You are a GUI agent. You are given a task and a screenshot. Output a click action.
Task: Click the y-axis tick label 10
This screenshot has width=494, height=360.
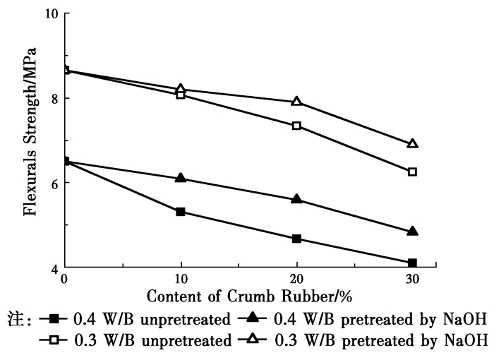[x=51, y=14]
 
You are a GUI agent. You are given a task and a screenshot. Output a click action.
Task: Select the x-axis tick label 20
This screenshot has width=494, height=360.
[x=296, y=278]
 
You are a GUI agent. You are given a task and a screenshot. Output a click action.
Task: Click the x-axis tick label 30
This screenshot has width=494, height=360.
[x=412, y=278]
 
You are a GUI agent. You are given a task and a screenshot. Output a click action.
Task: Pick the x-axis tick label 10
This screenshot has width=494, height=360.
[x=181, y=278]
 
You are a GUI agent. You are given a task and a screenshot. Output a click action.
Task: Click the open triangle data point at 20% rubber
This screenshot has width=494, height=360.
[x=296, y=101]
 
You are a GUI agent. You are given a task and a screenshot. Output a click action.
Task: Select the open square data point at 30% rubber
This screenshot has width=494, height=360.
[x=412, y=172]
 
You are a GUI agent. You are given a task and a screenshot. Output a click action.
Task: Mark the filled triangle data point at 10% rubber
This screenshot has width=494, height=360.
[x=181, y=178]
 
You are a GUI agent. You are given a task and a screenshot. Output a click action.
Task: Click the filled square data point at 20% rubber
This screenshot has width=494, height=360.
[x=296, y=239]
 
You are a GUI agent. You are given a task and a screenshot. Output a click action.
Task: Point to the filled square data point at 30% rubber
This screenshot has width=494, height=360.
[x=412, y=263]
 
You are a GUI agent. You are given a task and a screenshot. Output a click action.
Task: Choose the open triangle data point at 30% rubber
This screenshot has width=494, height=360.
[x=412, y=143]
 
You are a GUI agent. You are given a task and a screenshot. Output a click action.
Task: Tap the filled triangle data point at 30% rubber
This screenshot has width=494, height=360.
[x=412, y=231]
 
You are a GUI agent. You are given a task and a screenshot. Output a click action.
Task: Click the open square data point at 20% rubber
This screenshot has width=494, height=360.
[x=296, y=126]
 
